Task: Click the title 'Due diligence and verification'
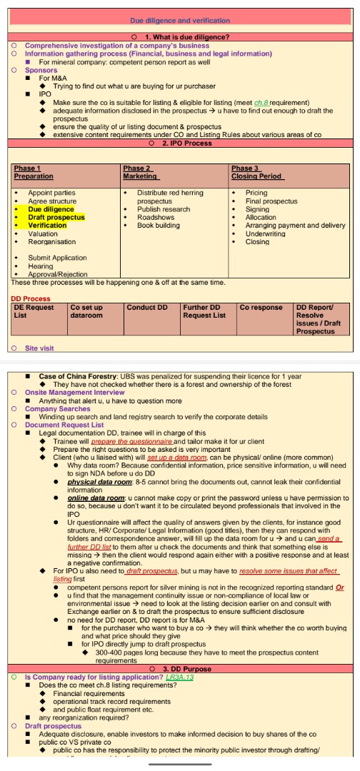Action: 180,21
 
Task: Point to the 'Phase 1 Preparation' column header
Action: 34,172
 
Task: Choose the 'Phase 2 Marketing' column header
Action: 140,172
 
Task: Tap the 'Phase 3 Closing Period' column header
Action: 257,172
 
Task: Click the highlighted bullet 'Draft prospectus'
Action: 56,217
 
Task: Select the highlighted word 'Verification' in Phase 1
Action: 47,225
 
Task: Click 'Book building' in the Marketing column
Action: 159,225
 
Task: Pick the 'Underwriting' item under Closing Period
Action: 266,233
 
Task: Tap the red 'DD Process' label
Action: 31,298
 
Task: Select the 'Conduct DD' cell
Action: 147,307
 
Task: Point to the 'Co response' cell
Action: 261,307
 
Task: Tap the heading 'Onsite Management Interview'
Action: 76,393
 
